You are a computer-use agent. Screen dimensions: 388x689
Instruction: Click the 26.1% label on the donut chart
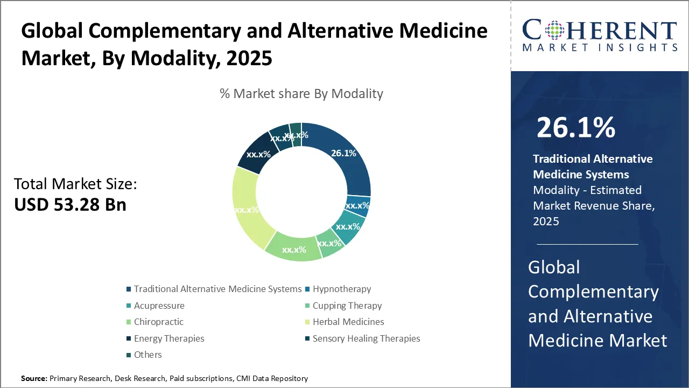[343, 153]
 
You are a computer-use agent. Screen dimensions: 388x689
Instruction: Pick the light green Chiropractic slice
[293, 250]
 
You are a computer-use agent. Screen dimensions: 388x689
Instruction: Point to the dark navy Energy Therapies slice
[256, 154]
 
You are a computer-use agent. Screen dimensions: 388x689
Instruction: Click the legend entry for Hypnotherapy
[342, 289]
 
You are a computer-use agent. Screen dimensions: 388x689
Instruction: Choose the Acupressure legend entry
[159, 306]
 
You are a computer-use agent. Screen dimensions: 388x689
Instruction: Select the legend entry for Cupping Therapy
[347, 306]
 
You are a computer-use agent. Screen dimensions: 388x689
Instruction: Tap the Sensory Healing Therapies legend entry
[366, 338]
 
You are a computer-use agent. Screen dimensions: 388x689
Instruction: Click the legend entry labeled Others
[147, 355]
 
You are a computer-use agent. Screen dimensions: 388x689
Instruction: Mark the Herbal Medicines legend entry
[348, 322]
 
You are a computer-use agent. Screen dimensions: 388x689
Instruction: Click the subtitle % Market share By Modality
[301, 94]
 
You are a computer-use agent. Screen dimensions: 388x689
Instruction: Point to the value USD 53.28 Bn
[70, 205]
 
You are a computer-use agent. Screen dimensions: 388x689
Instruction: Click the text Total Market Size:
[75, 184]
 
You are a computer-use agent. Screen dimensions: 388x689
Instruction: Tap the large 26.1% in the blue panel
[575, 128]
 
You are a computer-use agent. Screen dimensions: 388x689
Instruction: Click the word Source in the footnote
[34, 379]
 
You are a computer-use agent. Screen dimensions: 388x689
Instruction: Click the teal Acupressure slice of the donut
[348, 227]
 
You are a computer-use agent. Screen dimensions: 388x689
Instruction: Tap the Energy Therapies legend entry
[169, 338]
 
